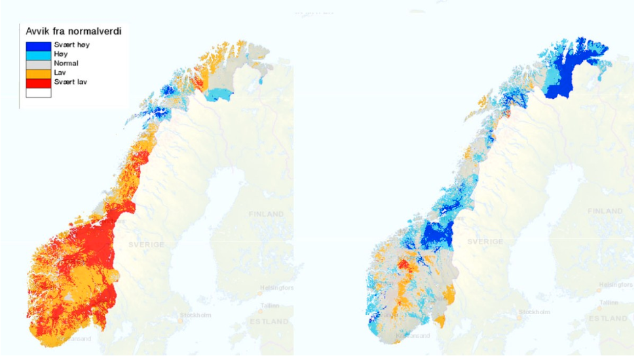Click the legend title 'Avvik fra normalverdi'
tap(73, 31)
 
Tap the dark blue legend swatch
tap(38, 45)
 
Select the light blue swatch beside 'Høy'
tap(38, 55)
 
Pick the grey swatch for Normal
tap(38, 64)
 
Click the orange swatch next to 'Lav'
tap(38, 73)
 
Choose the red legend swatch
tap(38, 82)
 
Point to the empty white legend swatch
tap(38, 92)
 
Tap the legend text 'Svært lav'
tap(70, 82)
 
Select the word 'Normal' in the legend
tap(66, 64)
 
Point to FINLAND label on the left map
tap(266, 214)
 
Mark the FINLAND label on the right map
tap(605, 211)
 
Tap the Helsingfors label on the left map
tap(276, 288)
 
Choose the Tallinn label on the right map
tap(609, 302)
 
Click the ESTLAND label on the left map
tap(269, 321)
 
